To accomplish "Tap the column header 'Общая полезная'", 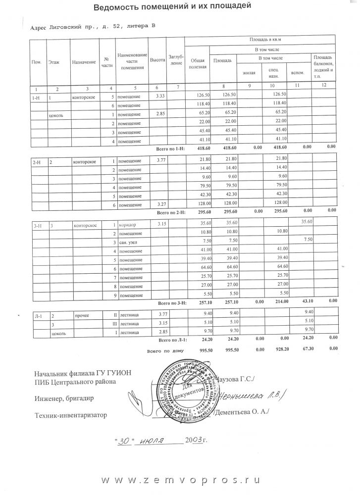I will click(195, 63).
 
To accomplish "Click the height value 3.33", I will click(160, 96).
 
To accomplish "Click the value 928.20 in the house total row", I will click(280, 350).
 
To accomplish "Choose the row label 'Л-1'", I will click(37, 315).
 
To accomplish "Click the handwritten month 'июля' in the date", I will click(154, 441).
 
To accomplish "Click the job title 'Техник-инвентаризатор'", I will click(71, 415).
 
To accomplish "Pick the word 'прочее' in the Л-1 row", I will click(81, 315).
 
